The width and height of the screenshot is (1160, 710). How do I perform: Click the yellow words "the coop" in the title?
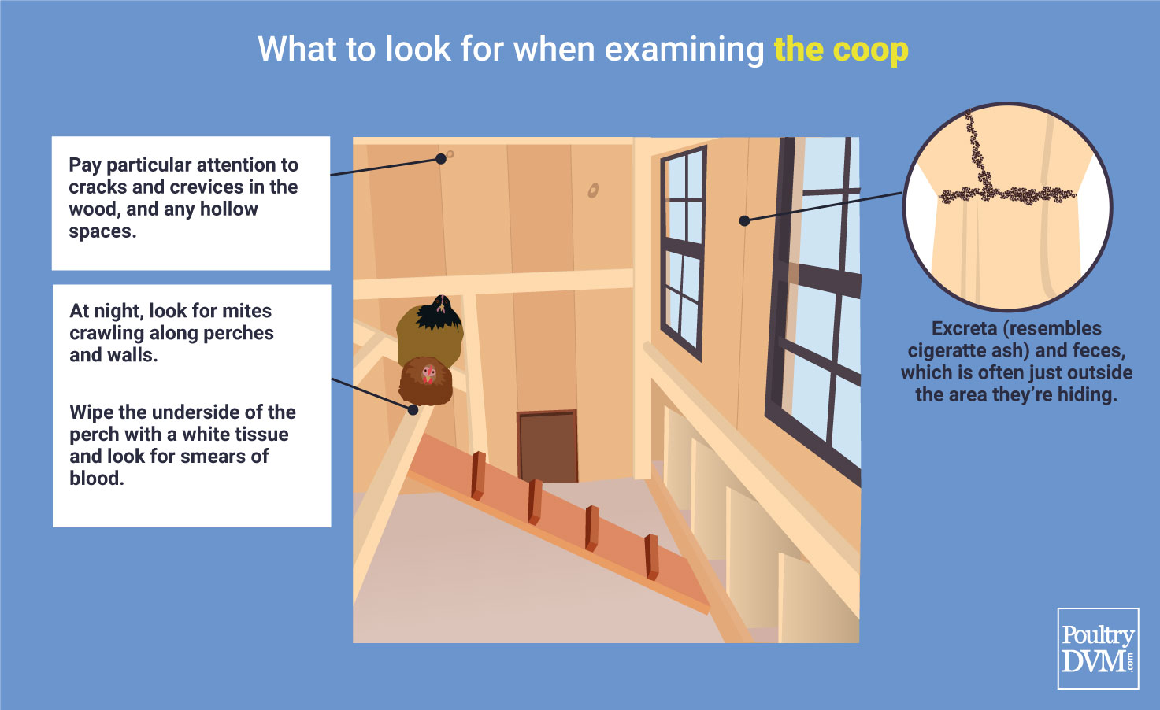tap(841, 50)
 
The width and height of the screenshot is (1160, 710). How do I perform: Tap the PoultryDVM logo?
tap(1098, 649)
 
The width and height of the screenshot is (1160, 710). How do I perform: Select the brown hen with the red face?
tap(426, 380)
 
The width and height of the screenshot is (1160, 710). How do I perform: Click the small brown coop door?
tap(548, 446)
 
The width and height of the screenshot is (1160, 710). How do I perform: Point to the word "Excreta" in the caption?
tap(964, 328)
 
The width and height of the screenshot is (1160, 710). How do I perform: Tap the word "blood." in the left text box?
tap(97, 478)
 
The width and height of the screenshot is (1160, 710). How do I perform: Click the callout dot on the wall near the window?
tap(744, 220)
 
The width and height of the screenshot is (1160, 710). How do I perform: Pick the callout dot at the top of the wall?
tap(441, 159)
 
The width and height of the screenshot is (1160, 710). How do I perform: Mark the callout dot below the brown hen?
tap(413, 410)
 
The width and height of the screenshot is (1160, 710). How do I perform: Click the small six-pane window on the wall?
tap(684, 253)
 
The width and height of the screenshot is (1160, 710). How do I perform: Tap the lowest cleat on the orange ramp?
tap(651, 557)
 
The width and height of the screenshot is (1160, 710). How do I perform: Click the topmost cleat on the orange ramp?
tap(478, 475)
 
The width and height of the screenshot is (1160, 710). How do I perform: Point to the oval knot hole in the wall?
tap(593, 190)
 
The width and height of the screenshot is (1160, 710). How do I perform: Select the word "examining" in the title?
tap(684, 50)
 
